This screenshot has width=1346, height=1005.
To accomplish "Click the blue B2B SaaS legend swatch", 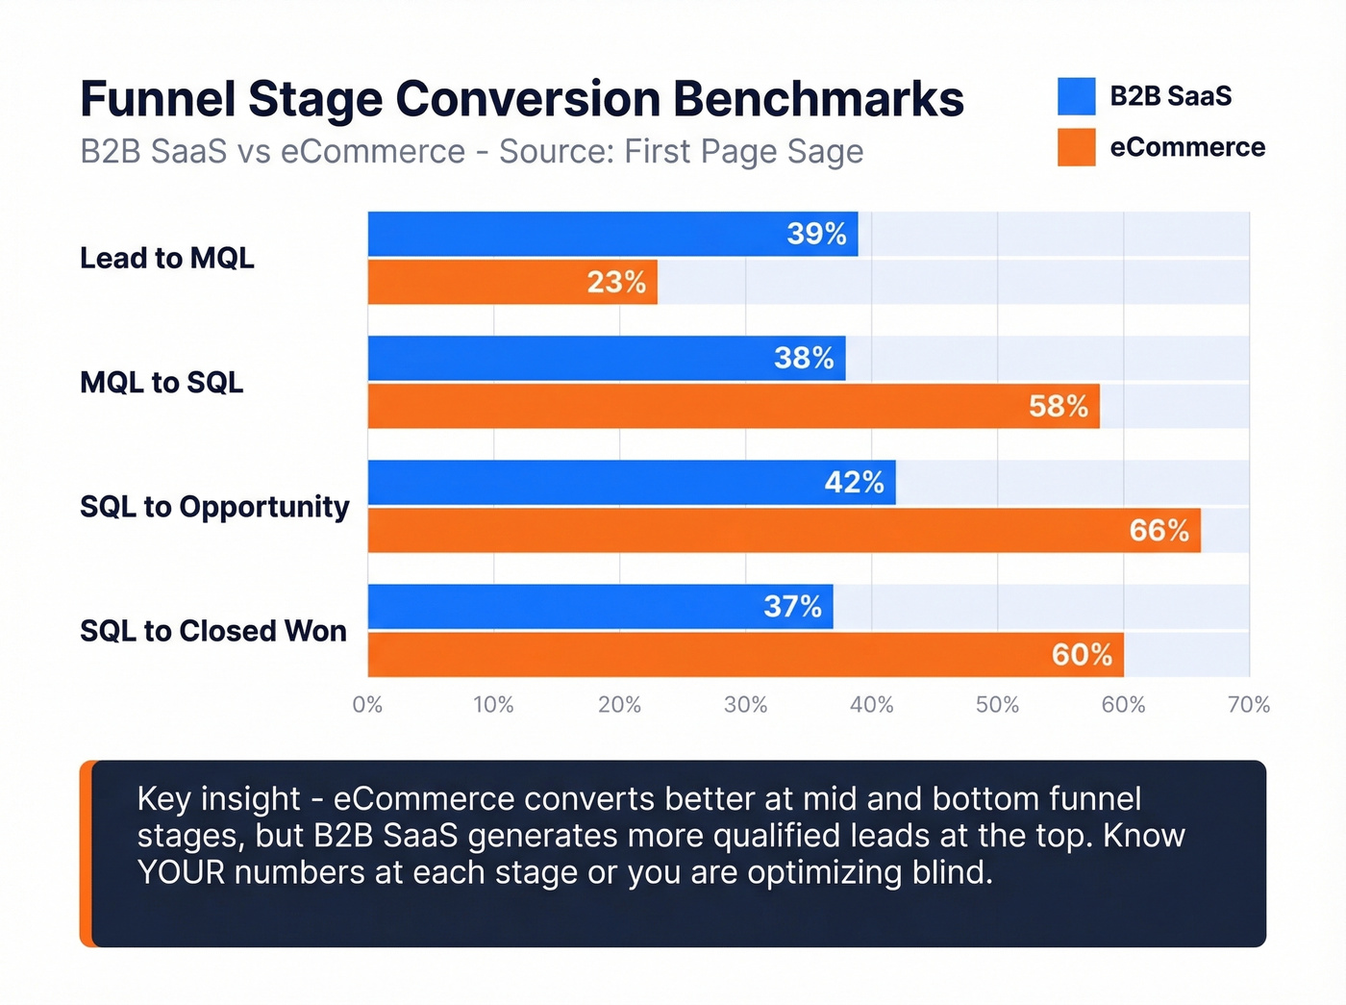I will (1076, 96).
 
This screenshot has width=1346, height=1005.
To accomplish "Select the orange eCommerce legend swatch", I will (1076, 147).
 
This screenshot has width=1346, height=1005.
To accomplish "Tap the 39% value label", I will (816, 234).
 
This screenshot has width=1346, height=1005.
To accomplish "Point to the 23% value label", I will (616, 282).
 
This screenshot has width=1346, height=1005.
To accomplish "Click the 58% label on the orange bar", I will (1058, 406).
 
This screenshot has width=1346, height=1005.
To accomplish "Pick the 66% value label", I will (1159, 530).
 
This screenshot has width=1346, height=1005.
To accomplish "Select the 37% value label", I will (792, 606).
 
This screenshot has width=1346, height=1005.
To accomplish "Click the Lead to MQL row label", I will (167, 258).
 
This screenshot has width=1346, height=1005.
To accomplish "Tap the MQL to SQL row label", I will (162, 382).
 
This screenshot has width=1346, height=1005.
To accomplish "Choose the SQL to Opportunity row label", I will (214, 507).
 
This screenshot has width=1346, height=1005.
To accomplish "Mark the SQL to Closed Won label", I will (213, 631).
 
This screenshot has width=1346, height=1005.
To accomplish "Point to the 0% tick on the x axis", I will (367, 705).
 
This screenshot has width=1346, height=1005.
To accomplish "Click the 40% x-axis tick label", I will (871, 705).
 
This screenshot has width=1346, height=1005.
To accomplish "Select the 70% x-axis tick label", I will (1248, 705).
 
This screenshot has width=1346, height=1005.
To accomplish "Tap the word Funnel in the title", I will (158, 99).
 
